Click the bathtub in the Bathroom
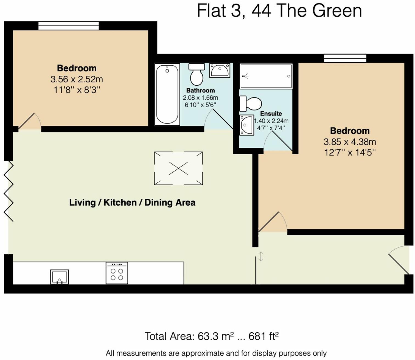(x=167, y=94)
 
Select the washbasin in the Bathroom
(x=220, y=70)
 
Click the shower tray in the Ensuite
(x=266, y=76)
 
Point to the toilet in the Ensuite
(x=251, y=104)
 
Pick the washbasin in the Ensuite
(x=246, y=125)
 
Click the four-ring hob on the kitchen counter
(x=117, y=273)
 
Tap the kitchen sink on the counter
(x=59, y=276)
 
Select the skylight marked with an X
(x=178, y=168)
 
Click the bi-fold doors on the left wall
(x=9, y=191)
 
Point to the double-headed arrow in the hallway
(x=260, y=257)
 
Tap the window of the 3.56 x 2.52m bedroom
(x=68, y=26)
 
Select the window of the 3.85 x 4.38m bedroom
(x=345, y=58)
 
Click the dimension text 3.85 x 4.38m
(x=350, y=142)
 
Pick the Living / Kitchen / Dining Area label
(x=132, y=203)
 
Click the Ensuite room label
(x=271, y=114)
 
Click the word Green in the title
(x=337, y=11)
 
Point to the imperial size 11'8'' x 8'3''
(x=77, y=90)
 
